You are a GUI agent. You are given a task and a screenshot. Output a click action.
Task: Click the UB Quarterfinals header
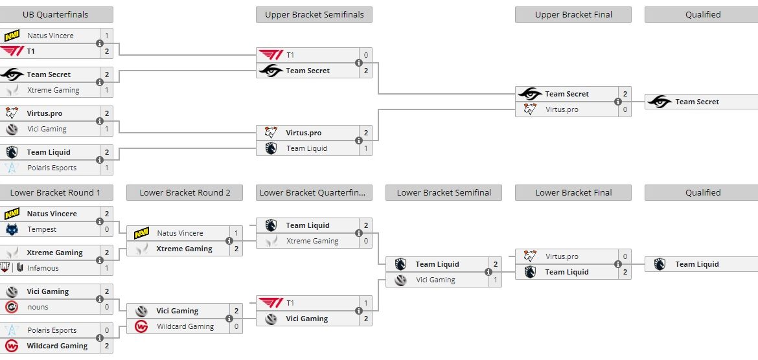(56, 14)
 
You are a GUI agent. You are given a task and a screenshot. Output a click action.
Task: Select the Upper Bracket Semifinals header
(314, 14)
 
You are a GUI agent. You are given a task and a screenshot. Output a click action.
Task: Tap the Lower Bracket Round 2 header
(185, 192)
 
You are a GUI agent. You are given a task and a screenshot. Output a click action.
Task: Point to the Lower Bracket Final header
(573, 192)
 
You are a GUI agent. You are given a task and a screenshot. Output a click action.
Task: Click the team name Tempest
(42, 229)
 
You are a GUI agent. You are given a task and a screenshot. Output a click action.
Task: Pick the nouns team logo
(12, 307)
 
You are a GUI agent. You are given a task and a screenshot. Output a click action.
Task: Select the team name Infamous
(43, 268)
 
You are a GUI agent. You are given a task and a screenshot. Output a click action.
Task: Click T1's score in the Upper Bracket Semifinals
(366, 55)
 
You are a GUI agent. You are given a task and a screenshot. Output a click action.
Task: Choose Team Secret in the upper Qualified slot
(697, 102)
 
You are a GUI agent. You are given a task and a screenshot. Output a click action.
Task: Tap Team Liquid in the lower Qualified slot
(697, 264)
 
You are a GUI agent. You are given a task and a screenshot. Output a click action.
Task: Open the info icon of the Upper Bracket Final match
(618, 102)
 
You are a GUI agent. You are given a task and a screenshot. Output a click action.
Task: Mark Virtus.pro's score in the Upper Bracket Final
(625, 109)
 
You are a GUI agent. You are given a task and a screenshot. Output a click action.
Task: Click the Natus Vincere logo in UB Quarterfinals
(12, 36)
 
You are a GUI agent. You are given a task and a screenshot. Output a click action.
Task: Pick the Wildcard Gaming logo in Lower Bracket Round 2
(141, 326)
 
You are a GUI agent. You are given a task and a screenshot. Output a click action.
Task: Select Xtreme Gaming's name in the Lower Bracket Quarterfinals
(312, 241)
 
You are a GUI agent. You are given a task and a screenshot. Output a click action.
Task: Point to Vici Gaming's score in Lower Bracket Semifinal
(496, 280)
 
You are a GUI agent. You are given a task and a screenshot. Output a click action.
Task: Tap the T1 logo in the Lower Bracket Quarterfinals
(270, 303)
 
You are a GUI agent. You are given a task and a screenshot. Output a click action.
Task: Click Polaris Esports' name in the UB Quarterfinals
(52, 168)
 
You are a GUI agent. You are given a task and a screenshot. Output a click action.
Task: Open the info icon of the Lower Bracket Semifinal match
(488, 272)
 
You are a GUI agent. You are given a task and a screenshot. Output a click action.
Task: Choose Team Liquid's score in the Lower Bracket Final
(625, 272)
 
